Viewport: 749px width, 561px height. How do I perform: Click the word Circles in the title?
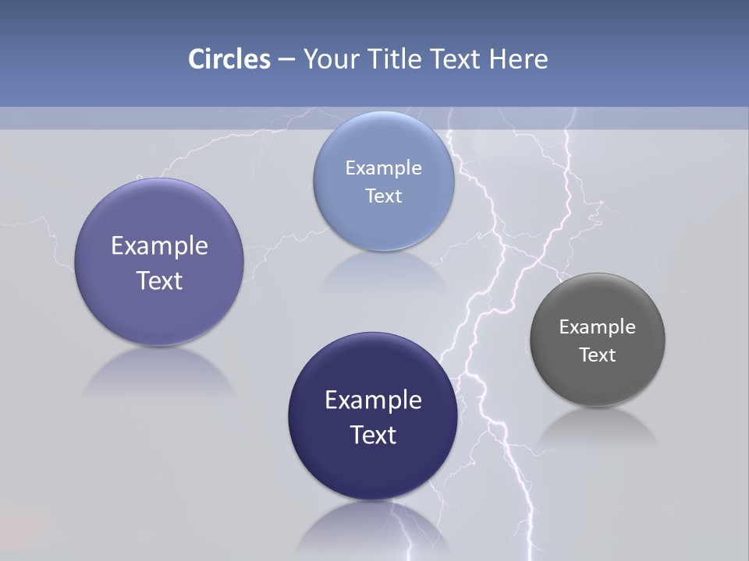click(x=229, y=59)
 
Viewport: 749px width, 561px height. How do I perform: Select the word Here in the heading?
click(x=519, y=59)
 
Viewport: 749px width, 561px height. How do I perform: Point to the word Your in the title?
click(x=328, y=59)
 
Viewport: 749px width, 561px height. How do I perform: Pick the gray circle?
click(x=598, y=374)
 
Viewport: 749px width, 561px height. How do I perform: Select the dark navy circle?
click(x=373, y=467)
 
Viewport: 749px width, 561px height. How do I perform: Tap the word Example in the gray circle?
click(x=598, y=327)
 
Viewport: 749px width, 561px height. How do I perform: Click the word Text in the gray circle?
click(x=598, y=355)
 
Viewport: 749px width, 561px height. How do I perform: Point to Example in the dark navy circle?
click(x=373, y=400)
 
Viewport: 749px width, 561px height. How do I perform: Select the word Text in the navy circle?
click(x=373, y=435)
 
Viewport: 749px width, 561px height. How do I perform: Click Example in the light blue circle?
click(x=383, y=168)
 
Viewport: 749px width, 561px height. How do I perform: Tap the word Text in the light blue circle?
click(x=383, y=196)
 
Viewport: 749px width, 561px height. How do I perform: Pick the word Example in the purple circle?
click(x=159, y=246)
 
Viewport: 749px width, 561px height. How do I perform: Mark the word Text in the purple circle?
click(x=159, y=280)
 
